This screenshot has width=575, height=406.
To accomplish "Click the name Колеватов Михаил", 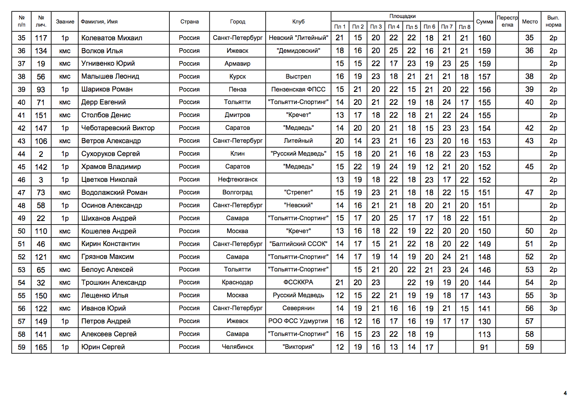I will (111, 38).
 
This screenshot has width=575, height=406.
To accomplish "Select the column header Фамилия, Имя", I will (99, 22).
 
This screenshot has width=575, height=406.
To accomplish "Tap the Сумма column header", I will (484, 22).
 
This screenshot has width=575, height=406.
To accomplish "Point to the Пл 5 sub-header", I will (411, 27).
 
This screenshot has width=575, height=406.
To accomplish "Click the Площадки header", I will (402, 16).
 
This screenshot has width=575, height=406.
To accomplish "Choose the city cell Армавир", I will (237, 64).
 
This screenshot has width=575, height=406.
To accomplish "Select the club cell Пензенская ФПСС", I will (298, 90).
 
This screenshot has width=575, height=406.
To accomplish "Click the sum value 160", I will (484, 38).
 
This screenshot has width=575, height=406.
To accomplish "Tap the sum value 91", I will (484, 347).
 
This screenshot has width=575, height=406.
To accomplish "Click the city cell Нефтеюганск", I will (237, 180).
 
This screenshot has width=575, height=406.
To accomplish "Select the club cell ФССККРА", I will (298, 282).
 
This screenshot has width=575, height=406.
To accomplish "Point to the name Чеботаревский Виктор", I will (118, 128).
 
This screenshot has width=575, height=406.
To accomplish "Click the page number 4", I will (565, 393).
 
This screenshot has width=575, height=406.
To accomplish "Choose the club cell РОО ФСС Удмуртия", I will (298, 321).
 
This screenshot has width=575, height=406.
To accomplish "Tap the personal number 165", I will (41, 347).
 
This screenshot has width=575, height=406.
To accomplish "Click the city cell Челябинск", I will (237, 347).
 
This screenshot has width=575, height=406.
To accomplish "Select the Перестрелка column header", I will (507, 21).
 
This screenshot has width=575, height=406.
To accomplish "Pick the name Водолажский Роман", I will (114, 192).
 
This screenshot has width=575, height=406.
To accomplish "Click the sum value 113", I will (484, 334).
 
